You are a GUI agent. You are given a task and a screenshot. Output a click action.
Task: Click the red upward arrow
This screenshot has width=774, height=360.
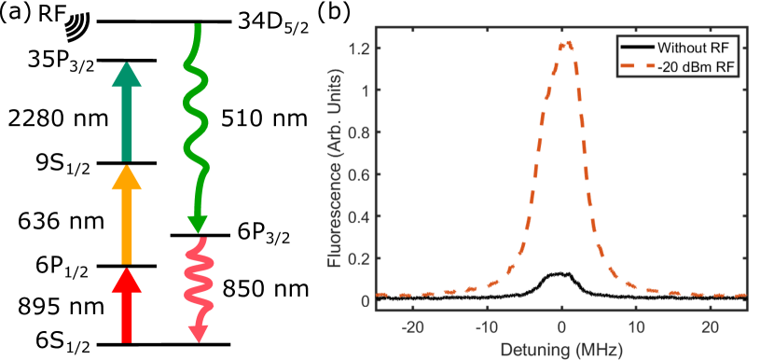tap(127, 306)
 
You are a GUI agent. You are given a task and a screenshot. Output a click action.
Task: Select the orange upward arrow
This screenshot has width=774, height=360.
tap(127, 215)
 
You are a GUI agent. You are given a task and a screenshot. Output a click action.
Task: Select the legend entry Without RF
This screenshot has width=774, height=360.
tap(690, 48)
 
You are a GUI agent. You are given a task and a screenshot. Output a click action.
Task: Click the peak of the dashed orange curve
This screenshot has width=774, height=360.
tap(561, 42)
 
